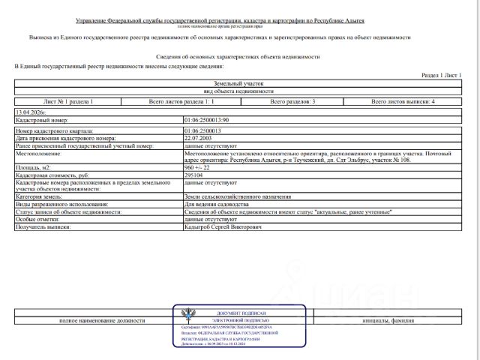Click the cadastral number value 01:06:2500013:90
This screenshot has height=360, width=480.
[x=206, y=120]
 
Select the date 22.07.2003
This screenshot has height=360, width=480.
[x=198, y=139]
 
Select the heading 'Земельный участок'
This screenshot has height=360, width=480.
[x=239, y=84]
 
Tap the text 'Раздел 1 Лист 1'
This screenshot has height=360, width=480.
[x=442, y=76]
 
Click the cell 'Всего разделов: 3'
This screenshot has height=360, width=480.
[x=292, y=100]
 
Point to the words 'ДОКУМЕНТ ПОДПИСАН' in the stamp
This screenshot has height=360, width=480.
[x=241, y=313]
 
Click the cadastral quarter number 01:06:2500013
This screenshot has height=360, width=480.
[x=202, y=131]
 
